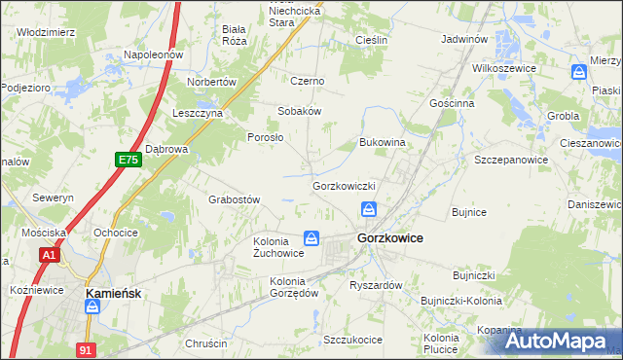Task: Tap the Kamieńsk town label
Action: click(x=116, y=291)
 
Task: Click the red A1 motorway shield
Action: click(x=50, y=255)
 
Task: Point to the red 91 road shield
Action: click(x=87, y=346)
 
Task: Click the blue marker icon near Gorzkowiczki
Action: click(x=370, y=209)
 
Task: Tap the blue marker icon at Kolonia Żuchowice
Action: click(x=311, y=238)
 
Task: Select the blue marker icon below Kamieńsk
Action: click(x=92, y=307)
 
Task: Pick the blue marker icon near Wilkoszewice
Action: click(x=580, y=72)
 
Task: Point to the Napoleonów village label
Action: click(x=153, y=55)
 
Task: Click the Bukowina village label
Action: click(x=382, y=142)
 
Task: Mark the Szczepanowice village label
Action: click(x=507, y=159)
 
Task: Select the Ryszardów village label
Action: click(x=376, y=285)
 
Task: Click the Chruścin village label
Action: click(x=205, y=343)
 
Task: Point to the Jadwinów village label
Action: click(x=463, y=40)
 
